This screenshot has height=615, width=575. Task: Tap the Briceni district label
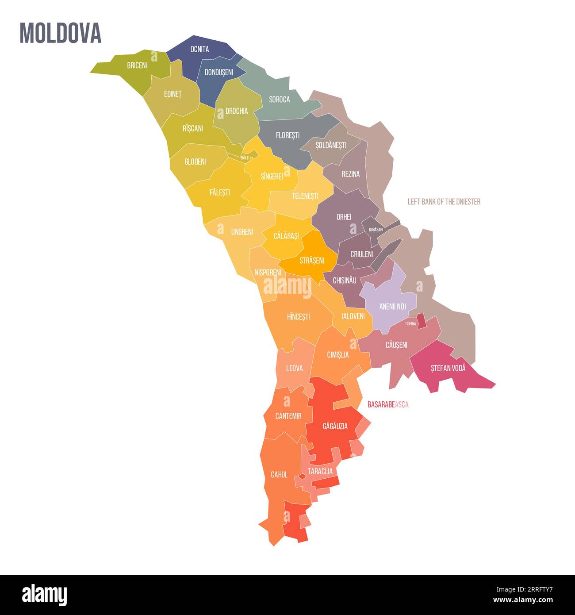pyautogui.click(x=137, y=65)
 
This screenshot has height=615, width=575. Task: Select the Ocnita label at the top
pyautogui.click(x=199, y=49)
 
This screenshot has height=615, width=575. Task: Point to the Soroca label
pyautogui.click(x=280, y=100)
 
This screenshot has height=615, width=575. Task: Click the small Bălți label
pyautogui.click(x=245, y=158)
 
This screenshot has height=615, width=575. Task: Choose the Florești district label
pyautogui.click(x=287, y=135)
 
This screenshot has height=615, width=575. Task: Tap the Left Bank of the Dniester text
pyautogui.click(x=444, y=202)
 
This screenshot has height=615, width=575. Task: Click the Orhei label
pyautogui.click(x=344, y=217)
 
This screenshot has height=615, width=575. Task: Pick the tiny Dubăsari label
pyautogui.click(x=376, y=230)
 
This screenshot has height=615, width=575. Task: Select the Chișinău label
pyautogui.click(x=345, y=281)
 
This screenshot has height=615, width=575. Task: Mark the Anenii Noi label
pyautogui.click(x=392, y=306)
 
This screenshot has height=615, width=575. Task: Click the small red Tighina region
pyautogui.click(x=422, y=321)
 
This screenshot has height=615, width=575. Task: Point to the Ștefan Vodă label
pyautogui.click(x=448, y=368)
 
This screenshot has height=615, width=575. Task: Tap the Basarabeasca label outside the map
pyautogui.click(x=388, y=404)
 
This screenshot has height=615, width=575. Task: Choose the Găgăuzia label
pyautogui.click(x=335, y=427)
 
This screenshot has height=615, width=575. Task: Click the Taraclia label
pyautogui.click(x=320, y=472)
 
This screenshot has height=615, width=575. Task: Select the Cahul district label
pyautogui.click(x=279, y=475)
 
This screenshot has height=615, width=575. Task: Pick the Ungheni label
pyautogui.click(x=242, y=232)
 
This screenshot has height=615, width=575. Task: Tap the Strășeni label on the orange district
pyautogui.click(x=311, y=261)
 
